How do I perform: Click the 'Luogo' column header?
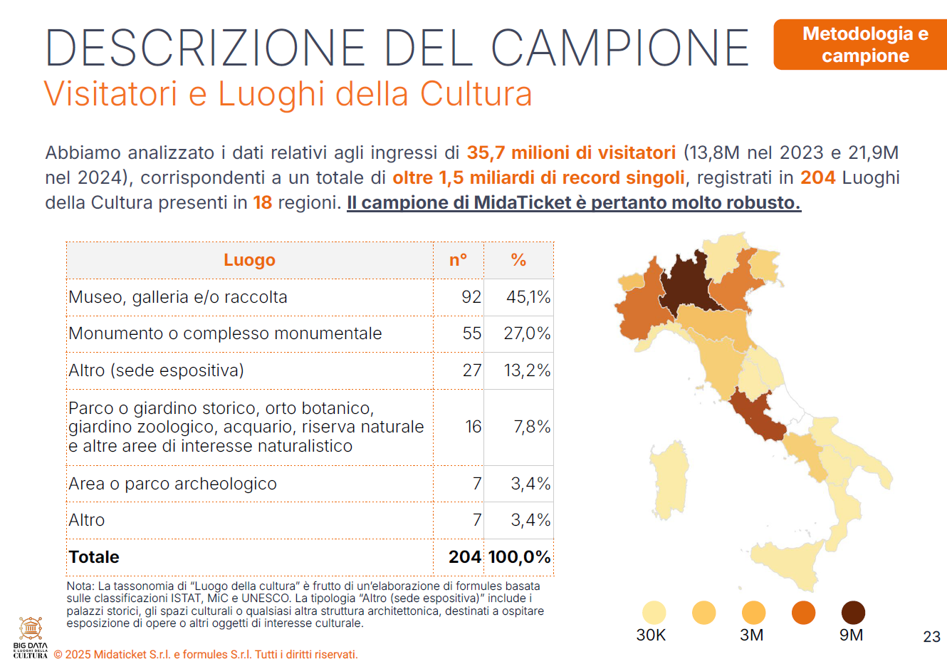click(x=249, y=260)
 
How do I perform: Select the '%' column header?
click(x=518, y=260)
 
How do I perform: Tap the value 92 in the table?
click(x=471, y=297)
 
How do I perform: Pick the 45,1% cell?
click(x=528, y=297)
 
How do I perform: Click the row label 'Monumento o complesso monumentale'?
click(x=225, y=333)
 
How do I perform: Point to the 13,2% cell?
click(x=527, y=370)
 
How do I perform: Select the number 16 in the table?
click(x=473, y=427)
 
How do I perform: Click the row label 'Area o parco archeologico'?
click(x=172, y=484)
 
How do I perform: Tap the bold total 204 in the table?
click(x=464, y=557)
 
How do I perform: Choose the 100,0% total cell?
click(x=519, y=557)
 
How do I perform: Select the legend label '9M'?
click(x=851, y=635)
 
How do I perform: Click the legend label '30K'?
click(x=651, y=635)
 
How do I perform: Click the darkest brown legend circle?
click(x=853, y=613)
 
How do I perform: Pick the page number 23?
click(x=931, y=637)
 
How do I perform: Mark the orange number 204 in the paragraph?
click(x=817, y=177)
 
